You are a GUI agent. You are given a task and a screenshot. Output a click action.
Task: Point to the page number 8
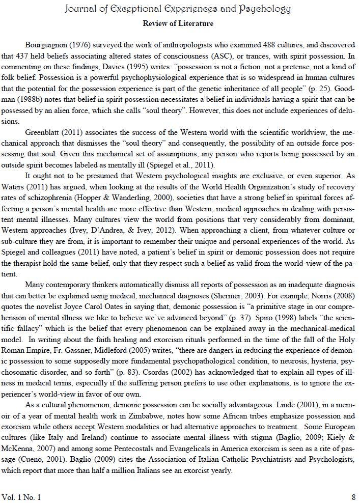coord(353,496)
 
